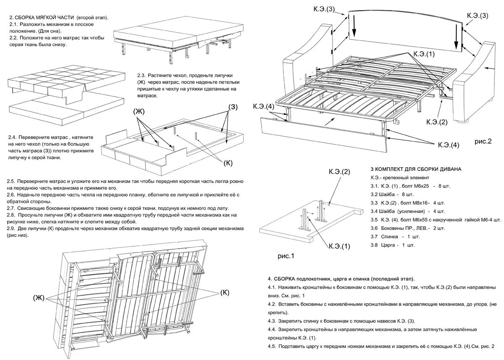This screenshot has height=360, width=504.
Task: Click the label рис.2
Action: (x=483, y=142)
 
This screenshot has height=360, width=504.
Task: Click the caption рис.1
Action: (x=286, y=255)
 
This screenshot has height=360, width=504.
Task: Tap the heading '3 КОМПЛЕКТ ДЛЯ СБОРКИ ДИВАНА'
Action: (x=416, y=169)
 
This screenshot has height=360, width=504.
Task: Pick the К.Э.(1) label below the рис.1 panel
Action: (x=339, y=246)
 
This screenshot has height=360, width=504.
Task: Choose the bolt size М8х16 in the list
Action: (x=420, y=203)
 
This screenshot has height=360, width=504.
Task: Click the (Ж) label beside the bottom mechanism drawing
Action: (x=39, y=298)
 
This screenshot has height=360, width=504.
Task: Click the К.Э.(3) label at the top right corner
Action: (x=478, y=16)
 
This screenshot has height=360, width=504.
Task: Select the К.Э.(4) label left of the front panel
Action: (x=264, y=106)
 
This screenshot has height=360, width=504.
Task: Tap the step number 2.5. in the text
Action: (x=12, y=181)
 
